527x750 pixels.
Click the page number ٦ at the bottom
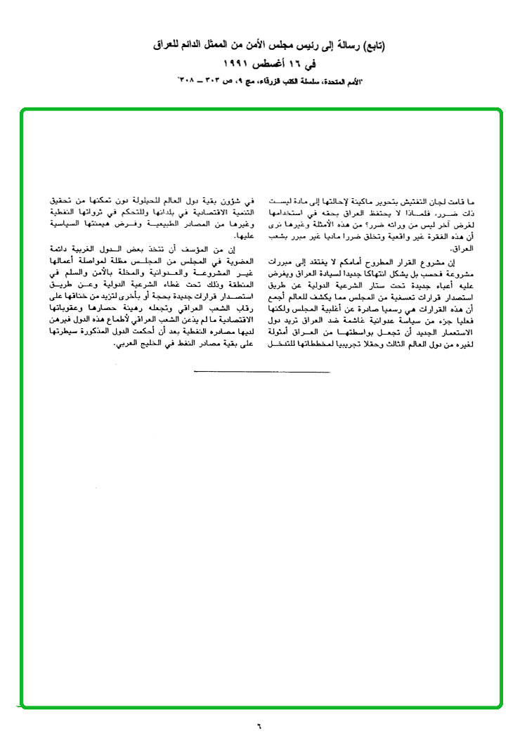(259, 725)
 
